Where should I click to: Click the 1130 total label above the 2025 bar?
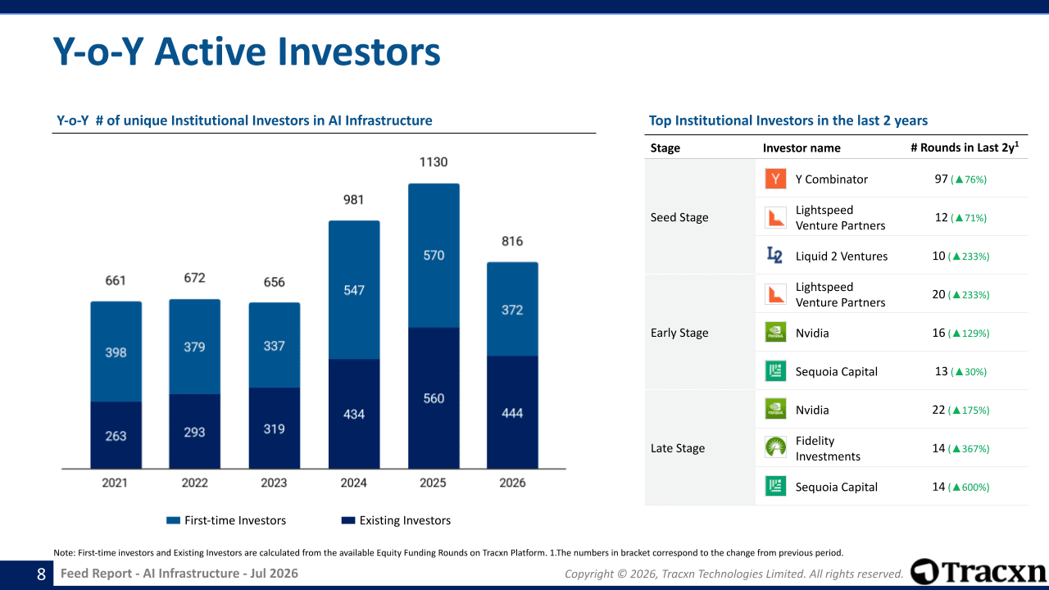(434, 162)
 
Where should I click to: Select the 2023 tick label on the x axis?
(274, 483)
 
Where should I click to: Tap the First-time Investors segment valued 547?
(354, 290)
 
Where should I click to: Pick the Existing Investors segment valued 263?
(116, 435)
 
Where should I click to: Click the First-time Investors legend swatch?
(173, 520)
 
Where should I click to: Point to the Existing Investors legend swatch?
(348, 520)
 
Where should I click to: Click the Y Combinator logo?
(775, 179)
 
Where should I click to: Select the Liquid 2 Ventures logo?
(774, 255)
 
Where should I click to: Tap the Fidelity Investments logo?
(775, 447)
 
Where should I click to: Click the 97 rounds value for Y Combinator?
(942, 179)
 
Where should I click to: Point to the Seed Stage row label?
(679, 217)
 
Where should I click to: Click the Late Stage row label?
(677, 448)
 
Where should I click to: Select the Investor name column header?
(802, 148)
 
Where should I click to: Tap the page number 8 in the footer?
(41, 574)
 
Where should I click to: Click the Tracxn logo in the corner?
(979, 572)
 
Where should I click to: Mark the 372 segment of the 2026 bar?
(512, 309)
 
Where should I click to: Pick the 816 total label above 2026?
(512, 241)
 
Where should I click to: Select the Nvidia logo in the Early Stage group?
(775, 332)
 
